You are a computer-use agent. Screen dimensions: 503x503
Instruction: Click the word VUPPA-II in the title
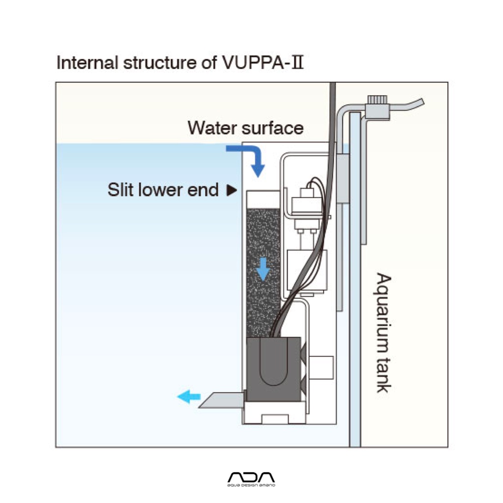click(262, 62)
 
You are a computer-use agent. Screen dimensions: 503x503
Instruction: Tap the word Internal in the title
click(87, 62)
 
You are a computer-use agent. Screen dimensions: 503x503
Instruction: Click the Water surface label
click(246, 128)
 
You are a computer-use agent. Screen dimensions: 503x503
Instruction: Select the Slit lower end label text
click(163, 190)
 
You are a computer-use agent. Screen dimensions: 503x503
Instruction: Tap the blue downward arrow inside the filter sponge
click(263, 269)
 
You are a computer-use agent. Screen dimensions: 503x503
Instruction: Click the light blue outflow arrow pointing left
click(189, 397)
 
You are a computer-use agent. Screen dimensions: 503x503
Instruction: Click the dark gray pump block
click(274, 369)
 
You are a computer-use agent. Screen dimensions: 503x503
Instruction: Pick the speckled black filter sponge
click(263, 273)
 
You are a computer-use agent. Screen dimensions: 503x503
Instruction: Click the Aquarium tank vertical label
click(384, 333)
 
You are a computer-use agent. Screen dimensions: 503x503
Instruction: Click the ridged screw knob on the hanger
click(377, 99)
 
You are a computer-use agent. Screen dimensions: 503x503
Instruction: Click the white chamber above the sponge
click(263, 199)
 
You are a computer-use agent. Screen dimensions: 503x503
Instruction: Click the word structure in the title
click(160, 62)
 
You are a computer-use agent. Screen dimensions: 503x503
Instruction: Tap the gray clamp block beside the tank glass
click(342, 178)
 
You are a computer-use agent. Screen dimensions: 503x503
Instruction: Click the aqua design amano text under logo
click(251, 485)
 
